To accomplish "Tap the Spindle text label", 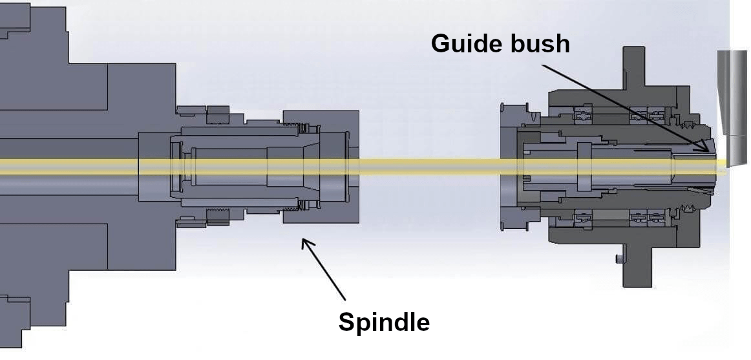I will pyautogui.click(x=384, y=321).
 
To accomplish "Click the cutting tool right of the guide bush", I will pyautogui.click(x=732, y=103).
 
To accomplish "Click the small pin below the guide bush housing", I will pyautogui.click(x=619, y=259).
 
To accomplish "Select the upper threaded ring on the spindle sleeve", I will pyautogui.click(x=217, y=116).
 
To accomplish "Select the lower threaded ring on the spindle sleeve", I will pyautogui.click(x=217, y=216).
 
